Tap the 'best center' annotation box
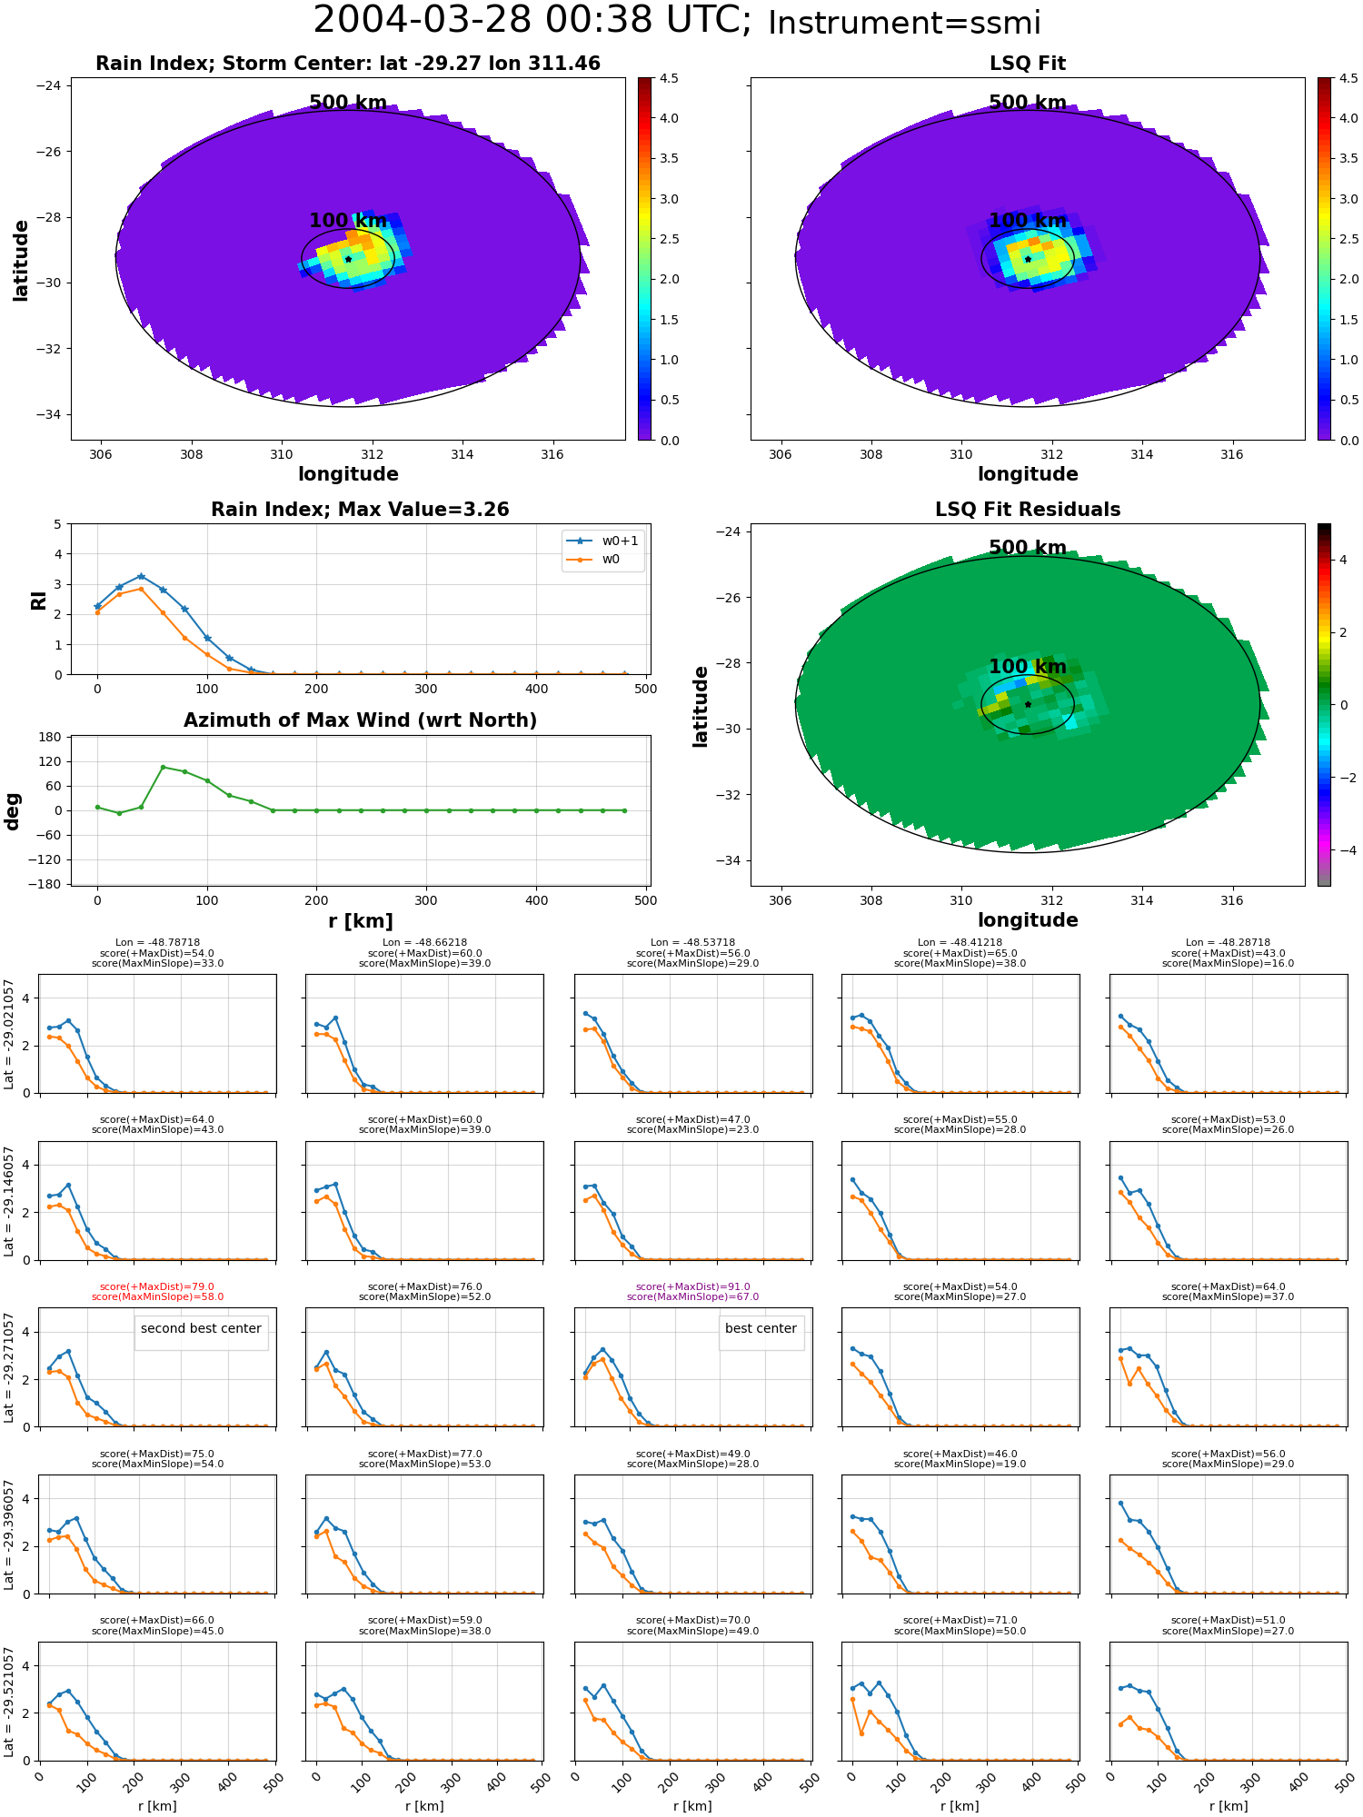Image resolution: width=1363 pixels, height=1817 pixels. tap(761, 1328)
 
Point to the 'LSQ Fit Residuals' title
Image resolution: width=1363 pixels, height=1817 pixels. tap(1028, 510)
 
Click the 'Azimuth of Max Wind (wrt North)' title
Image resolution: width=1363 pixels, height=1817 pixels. tap(360, 720)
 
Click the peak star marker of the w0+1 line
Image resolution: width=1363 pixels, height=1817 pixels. tap(141, 576)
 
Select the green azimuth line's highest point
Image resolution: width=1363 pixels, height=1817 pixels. tap(163, 767)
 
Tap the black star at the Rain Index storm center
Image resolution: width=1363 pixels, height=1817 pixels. tap(348, 259)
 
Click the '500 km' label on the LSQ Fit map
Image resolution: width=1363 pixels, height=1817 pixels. tap(1028, 103)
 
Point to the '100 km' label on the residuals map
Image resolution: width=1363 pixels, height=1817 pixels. tap(1028, 667)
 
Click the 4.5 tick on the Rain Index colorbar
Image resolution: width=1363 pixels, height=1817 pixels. tap(669, 78)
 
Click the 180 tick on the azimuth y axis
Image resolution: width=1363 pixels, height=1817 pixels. tap(51, 737)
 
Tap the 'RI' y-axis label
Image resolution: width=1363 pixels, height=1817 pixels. tap(38, 600)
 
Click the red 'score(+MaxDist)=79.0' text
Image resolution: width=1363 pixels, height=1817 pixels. tap(157, 1286)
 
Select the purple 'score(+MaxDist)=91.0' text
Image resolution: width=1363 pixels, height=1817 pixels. tap(692, 1286)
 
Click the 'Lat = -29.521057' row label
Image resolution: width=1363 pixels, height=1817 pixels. tap(9, 1701)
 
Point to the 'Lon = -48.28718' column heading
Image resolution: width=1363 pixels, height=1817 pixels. tap(1228, 943)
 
